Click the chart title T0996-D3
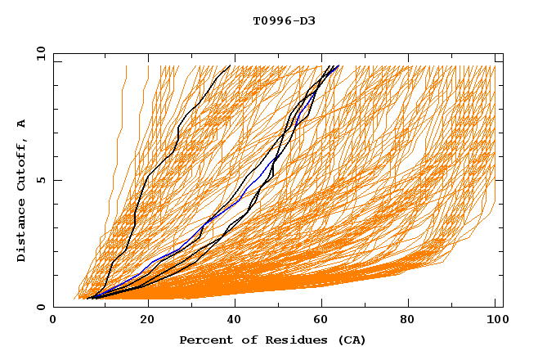284,20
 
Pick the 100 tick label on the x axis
495,321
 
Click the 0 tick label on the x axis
54,321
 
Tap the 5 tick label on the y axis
40,180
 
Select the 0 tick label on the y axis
40,307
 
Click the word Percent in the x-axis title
204,340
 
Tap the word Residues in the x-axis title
295,340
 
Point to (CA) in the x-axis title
352,340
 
